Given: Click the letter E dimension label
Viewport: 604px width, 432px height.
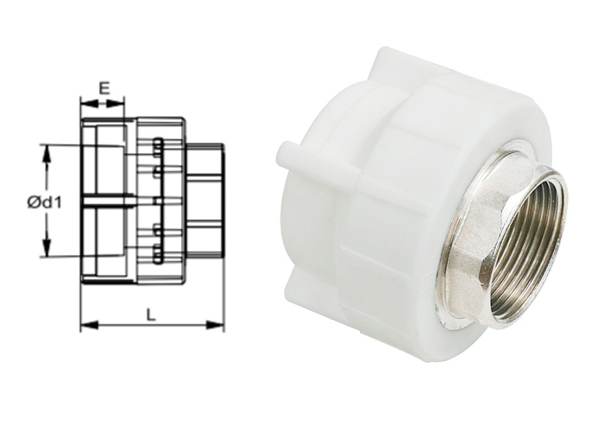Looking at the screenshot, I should [104, 87].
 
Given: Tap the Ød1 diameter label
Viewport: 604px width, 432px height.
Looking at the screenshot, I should [42, 202].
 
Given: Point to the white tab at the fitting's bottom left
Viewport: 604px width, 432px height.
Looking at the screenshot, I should [302, 284].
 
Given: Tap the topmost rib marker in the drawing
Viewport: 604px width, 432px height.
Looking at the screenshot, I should [157, 143].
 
